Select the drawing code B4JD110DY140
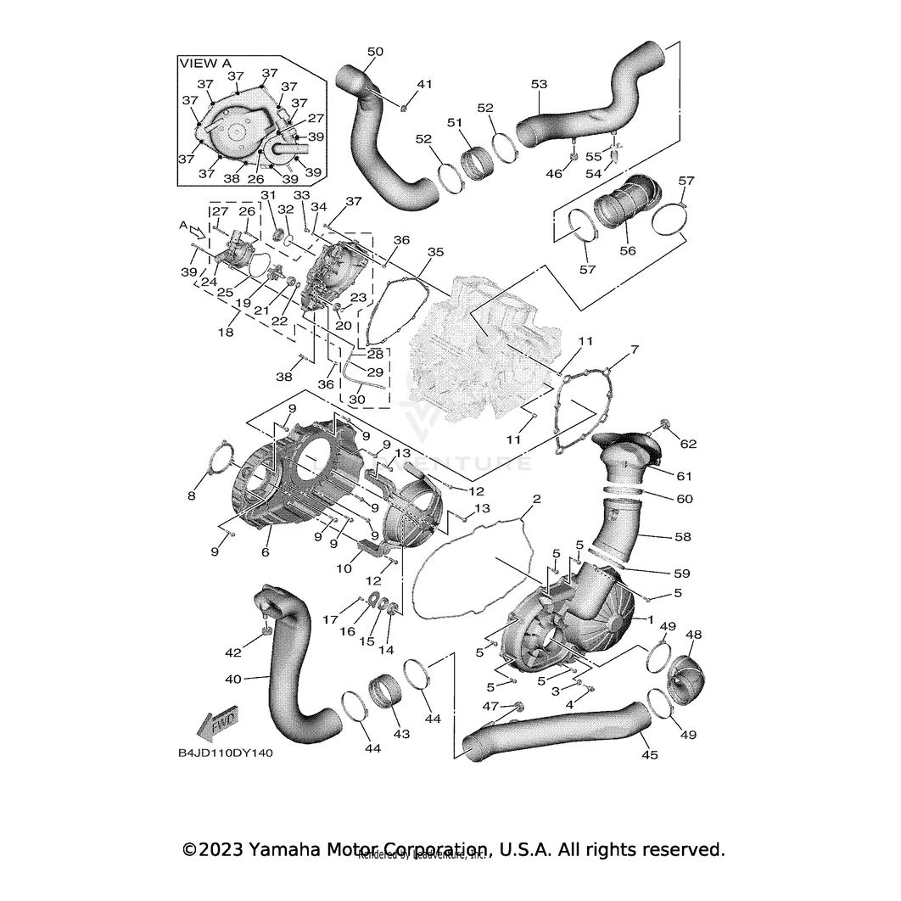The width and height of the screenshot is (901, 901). pyautogui.click(x=226, y=752)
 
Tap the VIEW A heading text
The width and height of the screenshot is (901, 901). pyautogui.click(x=204, y=63)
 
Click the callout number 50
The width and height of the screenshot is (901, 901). pyautogui.click(x=375, y=52)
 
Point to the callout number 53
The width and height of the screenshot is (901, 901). pyautogui.click(x=539, y=84)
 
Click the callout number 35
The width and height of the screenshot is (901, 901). pyautogui.click(x=435, y=252)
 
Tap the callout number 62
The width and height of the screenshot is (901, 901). pyautogui.click(x=687, y=443)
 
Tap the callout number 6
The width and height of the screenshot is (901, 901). pyautogui.click(x=266, y=551)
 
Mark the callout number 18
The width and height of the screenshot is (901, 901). pyautogui.click(x=226, y=333)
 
